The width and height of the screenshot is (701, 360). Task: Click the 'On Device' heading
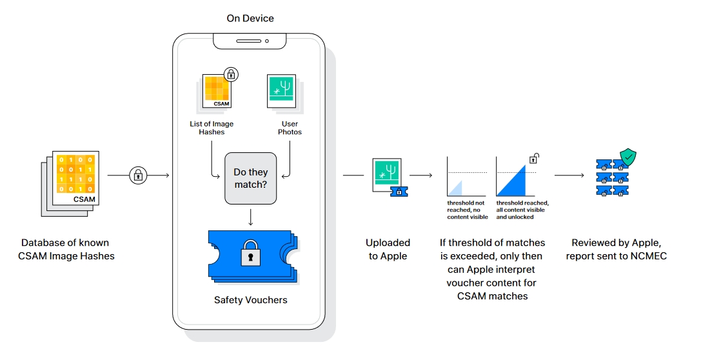click(250, 18)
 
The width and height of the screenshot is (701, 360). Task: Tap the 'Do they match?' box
click(250, 179)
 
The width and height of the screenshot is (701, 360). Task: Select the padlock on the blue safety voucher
click(250, 253)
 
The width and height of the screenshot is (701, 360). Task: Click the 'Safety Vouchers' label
click(250, 300)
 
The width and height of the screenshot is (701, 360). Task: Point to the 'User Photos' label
click(290, 128)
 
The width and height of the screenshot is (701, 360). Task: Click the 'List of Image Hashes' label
click(212, 128)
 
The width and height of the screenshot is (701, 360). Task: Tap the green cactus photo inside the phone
click(282, 91)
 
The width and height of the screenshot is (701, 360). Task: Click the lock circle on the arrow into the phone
click(138, 175)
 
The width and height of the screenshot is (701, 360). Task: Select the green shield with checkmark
click(628, 157)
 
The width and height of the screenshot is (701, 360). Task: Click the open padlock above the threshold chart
click(534, 158)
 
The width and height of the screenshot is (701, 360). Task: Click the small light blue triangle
click(456, 189)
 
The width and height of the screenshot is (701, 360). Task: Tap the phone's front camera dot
click(267, 41)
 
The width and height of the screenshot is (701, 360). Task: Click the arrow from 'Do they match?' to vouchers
click(250, 216)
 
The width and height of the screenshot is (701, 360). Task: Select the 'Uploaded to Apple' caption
click(388, 249)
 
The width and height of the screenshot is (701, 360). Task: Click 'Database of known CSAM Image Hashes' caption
click(66, 249)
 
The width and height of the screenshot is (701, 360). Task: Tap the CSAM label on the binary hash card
click(84, 199)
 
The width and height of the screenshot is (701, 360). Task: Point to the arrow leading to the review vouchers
click(569, 175)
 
